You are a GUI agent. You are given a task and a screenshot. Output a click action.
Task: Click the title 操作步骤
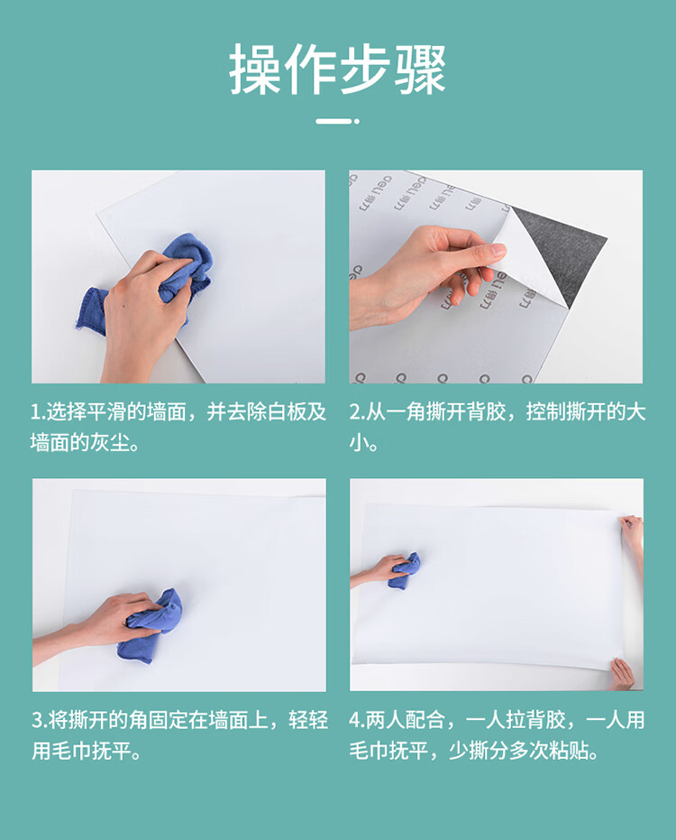(338, 69)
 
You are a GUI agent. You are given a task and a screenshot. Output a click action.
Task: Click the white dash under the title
(337, 122)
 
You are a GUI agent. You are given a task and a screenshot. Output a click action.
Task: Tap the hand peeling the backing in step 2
(428, 273)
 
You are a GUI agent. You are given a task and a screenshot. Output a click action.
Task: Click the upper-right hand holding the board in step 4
(632, 533)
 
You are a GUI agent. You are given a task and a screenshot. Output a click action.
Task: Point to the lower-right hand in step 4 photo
(623, 673)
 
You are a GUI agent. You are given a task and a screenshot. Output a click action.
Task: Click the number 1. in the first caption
(38, 412)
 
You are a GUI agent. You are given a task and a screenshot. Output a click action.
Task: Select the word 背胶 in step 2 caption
(486, 412)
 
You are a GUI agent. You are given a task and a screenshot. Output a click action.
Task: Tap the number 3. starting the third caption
(40, 720)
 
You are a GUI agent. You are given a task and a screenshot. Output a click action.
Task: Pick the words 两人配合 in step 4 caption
(406, 720)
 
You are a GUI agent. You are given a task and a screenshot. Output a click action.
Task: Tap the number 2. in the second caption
(358, 412)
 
